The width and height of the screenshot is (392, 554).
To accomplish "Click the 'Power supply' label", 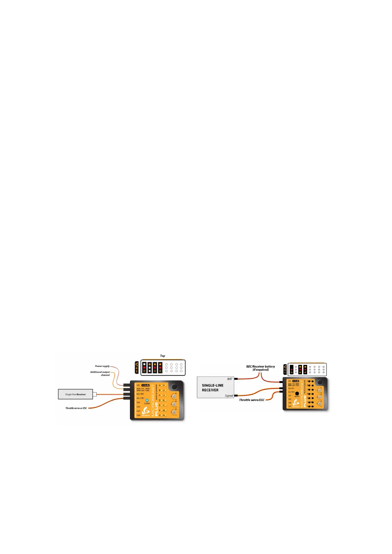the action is click(x=102, y=366).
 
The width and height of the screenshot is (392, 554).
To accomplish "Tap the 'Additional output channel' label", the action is click(x=100, y=373).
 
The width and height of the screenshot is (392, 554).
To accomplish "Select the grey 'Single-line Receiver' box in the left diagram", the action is click(x=75, y=394).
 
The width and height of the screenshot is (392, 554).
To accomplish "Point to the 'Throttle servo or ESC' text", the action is click(x=76, y=408).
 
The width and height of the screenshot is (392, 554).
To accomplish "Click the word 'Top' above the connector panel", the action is click(x=162, y=356).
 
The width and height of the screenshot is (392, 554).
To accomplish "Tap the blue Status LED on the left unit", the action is click(x=147, y=400).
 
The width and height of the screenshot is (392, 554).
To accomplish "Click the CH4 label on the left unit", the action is click(x=138, y=415).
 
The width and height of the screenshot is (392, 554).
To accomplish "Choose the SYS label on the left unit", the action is click(x=138, y=385).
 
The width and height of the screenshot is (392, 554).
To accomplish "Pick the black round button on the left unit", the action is click(x=174, y=387).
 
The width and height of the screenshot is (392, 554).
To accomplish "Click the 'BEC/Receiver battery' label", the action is click(x=260, y=366).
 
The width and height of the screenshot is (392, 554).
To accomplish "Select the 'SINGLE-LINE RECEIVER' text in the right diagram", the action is click(x=213, y=388).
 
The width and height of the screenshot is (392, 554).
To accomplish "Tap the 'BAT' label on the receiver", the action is click(x=229, y=379).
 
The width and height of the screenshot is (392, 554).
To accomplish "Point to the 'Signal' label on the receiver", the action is click(x=229, y=396).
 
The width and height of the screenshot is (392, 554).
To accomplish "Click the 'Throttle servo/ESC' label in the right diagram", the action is click(x=251, y=400).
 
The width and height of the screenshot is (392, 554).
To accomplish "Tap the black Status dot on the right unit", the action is click(x=297, y=393).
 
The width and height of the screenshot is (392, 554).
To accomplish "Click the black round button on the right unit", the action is click(x=319, y=382).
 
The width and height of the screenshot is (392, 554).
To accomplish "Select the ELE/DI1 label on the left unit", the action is click(x=140, y=394).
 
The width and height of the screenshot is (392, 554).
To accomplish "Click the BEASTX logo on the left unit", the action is click(x=146, y=411).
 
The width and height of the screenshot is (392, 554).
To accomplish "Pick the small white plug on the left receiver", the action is click(x=95, y=394).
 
